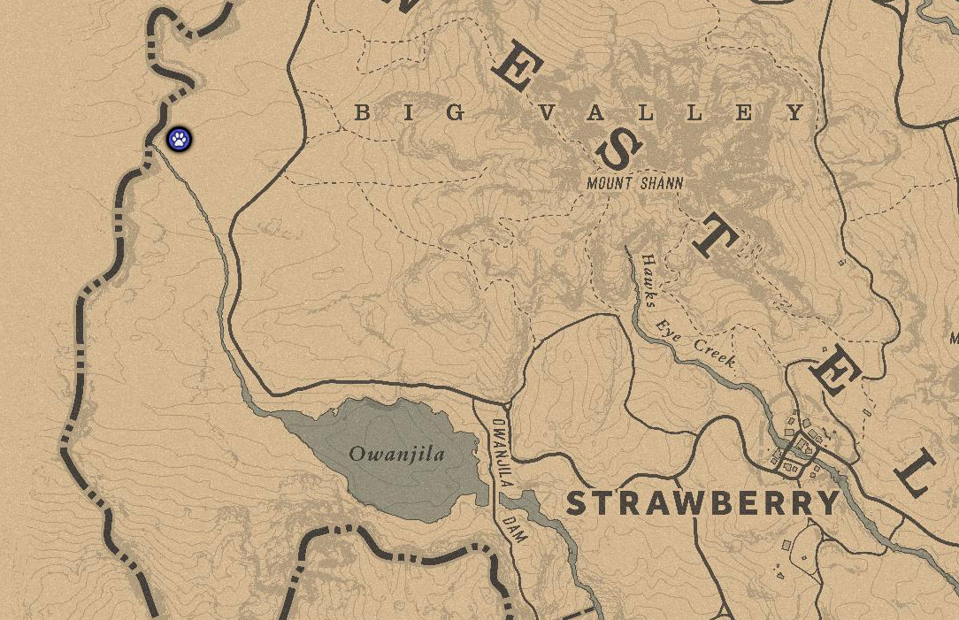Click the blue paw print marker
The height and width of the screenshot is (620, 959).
coord(180,139)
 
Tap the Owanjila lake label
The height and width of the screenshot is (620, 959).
coord(396,455)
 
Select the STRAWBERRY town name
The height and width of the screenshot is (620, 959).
coord(702,503)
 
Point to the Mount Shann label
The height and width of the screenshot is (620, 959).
coord(635,183)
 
